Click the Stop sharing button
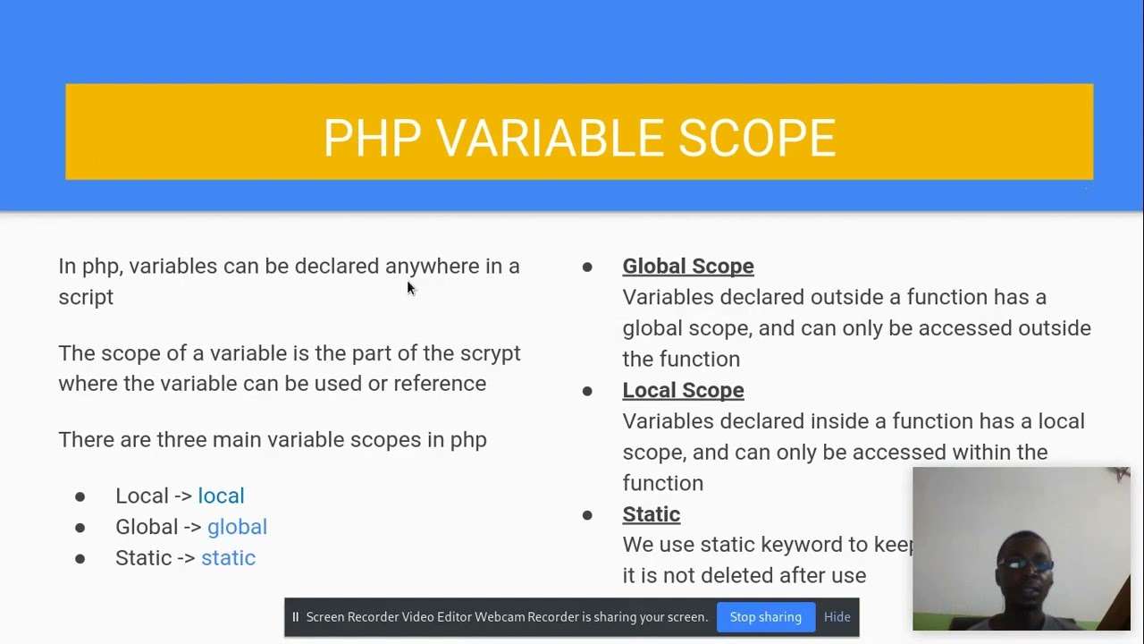coord(765,617)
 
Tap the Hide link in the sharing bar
coord(837,617)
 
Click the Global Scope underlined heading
coord(687,267)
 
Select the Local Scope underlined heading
coord(683,390)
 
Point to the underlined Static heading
coord(651,514)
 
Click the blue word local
coord(221,496)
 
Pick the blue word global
coord(237,527)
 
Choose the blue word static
coord(228,558)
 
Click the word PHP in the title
coord(372,139)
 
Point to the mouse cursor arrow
coord(410,287)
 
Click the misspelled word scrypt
coord(490,353)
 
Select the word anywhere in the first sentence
coord(432,267)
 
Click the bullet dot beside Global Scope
coord(587,267)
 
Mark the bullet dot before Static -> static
coord(80,558)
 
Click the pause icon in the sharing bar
coord(295,617)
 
